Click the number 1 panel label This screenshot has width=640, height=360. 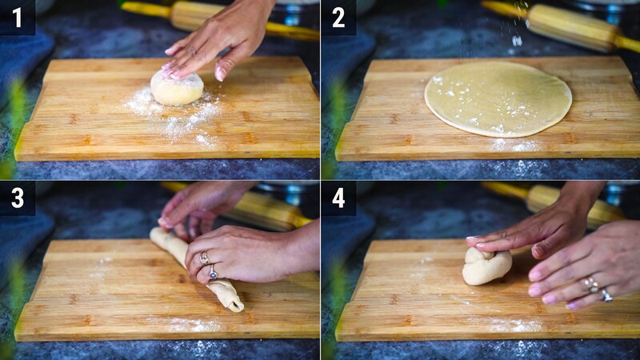17,17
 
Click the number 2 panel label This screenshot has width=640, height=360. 338,17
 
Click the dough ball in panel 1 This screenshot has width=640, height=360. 177,89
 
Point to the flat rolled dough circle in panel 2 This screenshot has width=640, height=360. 498,98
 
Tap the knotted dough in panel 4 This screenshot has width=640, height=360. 486,266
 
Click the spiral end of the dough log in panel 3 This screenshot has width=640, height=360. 233,303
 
